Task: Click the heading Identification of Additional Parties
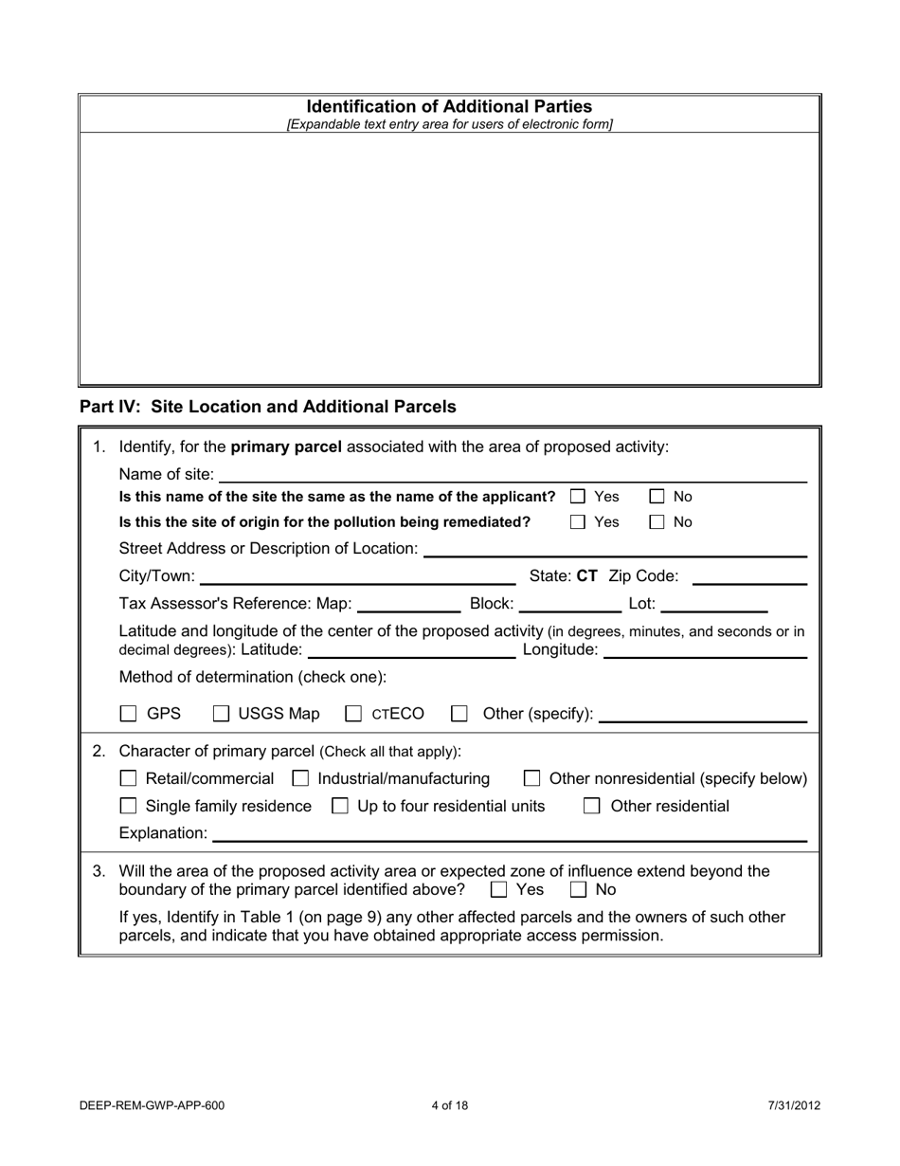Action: coord(449,107)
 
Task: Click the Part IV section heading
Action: coord(268,407)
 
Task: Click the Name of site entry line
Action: coord(512,474)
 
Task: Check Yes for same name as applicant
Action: coord(578,497)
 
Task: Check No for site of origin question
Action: coord(657,522)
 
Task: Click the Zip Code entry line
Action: coord(749,576)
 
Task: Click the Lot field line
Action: coord(713,604)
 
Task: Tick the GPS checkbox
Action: coord(129,714)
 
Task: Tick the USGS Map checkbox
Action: coord(221,714)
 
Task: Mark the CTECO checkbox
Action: coord(354,714)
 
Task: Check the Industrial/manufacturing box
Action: coord(300,779)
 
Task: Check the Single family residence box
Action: coord(129,807)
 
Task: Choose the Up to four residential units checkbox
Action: coord(340,807)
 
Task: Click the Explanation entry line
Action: coord(510,833)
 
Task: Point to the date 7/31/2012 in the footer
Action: coord(794,1105)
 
